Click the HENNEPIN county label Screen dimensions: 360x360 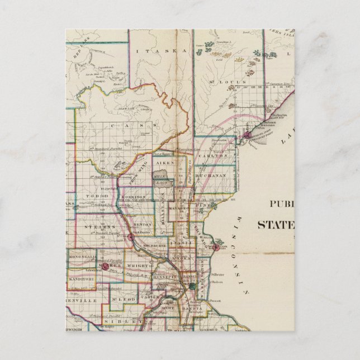[x=165, y=276]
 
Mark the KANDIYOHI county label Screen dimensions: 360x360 [x=82, y=278]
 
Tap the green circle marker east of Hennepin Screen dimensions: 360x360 [x=192, y=286]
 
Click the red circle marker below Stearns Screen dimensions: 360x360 [x=130, y=237]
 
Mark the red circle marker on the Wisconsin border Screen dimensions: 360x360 [x=215, y=247]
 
